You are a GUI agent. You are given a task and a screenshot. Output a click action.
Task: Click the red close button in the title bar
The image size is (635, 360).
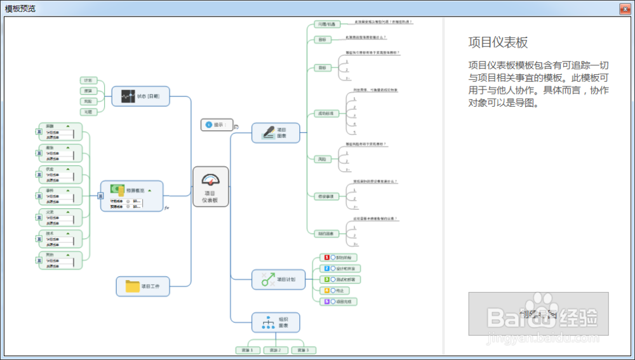pos(625,8)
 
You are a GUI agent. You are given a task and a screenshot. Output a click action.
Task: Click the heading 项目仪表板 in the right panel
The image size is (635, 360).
pos(498,43)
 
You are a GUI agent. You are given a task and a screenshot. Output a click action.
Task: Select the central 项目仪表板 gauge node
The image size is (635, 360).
pos(210,186)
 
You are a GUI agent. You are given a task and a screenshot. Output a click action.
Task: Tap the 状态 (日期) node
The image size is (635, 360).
pos(140,97)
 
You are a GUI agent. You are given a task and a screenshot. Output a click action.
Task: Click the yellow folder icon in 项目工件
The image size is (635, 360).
pos(132,286)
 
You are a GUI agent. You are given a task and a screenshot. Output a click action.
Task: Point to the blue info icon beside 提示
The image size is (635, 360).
pos(209,125)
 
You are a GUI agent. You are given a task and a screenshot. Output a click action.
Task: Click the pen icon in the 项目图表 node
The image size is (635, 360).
pos(268,132)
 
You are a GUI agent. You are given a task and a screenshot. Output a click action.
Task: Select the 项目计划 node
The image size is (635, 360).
pos(278,279)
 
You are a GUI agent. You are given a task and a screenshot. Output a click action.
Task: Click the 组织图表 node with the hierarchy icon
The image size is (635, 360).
pos(276,323)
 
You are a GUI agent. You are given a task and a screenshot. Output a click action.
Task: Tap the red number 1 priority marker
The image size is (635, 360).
pos(326,258)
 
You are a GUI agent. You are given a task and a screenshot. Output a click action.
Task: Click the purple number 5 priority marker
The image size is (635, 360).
pos(326,302)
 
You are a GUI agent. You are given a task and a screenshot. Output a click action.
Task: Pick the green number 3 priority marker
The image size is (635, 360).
pos(326,279)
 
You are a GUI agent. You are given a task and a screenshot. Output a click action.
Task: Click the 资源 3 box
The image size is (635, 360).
pos(303,350)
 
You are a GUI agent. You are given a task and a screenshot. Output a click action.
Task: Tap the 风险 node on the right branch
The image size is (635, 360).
pos(321,159)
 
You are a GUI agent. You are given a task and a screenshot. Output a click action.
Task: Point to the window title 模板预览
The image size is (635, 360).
pos(20,8)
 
